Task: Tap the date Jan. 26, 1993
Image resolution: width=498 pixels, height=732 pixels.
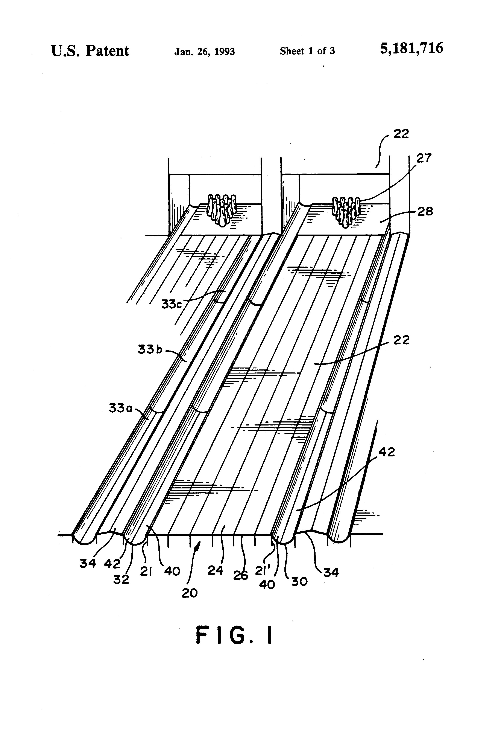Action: click(x=205, y=51)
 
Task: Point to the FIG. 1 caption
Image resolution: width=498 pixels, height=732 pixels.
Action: click(x=234, y=635)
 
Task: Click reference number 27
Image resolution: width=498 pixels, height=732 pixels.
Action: click(x=424, y=158)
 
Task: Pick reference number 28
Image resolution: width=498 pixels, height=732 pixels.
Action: click(x=425, y=211)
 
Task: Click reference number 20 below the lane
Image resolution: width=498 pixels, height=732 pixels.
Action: click(x=190, y=593)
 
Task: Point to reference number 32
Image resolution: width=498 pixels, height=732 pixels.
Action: click(x=121, y=579)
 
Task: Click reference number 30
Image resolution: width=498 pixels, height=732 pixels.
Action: click(x=299, y=581)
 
